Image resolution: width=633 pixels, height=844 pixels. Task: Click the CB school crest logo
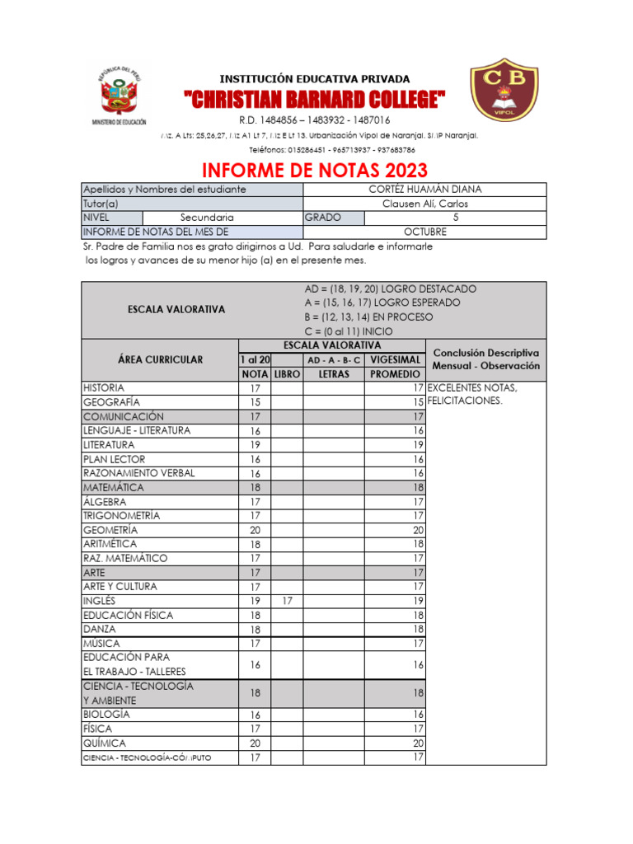[504, 91]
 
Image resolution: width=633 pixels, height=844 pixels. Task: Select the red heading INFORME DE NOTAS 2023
[315, 170]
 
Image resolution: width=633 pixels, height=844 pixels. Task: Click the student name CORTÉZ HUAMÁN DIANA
[424, 190]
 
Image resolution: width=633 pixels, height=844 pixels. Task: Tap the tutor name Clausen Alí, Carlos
[424, 204]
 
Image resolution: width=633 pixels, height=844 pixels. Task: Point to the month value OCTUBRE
[424, 232]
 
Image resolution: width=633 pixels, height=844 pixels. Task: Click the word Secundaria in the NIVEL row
[207, 218]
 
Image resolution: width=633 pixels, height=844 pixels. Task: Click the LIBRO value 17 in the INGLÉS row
[286, 601]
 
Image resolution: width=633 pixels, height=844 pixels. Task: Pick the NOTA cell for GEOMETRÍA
[255, 530]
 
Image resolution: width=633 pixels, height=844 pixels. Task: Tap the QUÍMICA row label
[105, 743]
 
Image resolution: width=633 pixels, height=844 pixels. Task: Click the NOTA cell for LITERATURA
[255, 444]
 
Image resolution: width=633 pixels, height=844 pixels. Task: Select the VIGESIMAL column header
[395, 360]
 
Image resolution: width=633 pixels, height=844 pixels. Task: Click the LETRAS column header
[334, 374]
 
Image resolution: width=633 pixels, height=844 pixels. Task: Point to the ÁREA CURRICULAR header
[160, 359]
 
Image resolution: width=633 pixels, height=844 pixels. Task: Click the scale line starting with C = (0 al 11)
[348, 331]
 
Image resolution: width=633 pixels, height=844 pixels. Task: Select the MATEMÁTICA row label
[114, 487]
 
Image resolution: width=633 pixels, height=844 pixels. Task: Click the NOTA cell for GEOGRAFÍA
[255, 401]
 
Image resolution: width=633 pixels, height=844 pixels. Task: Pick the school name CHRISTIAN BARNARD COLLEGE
[315, 101]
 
